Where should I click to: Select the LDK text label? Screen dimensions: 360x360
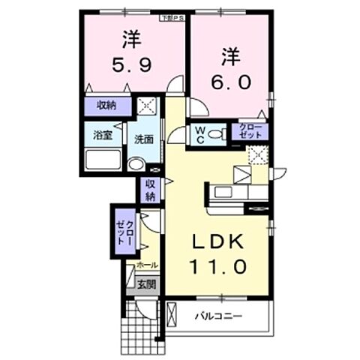[x=218, y=244]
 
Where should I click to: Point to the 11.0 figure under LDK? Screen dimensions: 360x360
[x=218, y=265]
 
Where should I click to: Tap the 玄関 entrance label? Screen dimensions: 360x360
[x=146, y=284]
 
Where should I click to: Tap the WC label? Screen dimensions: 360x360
[x=200, y=134]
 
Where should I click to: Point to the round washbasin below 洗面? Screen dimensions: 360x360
[x=136, y=165]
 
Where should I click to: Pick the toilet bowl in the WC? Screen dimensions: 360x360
[x=217, y=135]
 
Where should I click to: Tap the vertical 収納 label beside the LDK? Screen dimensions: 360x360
[x=150, y=190]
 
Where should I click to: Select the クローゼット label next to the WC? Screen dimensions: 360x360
[x=250, y=133]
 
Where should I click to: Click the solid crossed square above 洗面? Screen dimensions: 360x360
[x=146, y=106]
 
